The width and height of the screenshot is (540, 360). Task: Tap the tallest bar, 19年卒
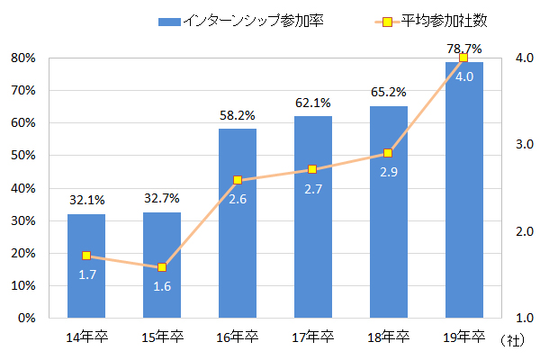(x=463, y=190)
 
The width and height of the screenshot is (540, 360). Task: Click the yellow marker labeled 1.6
(x=162, y=267)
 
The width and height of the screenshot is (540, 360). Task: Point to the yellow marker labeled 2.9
(x=388, y=153)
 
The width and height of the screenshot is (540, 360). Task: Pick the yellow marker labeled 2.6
(x=238, y=180)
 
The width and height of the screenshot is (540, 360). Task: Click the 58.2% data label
(x=238, y=116)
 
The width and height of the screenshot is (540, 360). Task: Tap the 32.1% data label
(x=86, y=201)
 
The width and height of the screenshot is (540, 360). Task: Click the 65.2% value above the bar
(x=388, y=92)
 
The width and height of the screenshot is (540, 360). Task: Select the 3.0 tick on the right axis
(x=523, y=144)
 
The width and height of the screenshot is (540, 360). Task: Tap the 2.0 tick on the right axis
(x=523, y=231)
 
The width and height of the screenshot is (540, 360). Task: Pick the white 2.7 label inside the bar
(x=313, y=189)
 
